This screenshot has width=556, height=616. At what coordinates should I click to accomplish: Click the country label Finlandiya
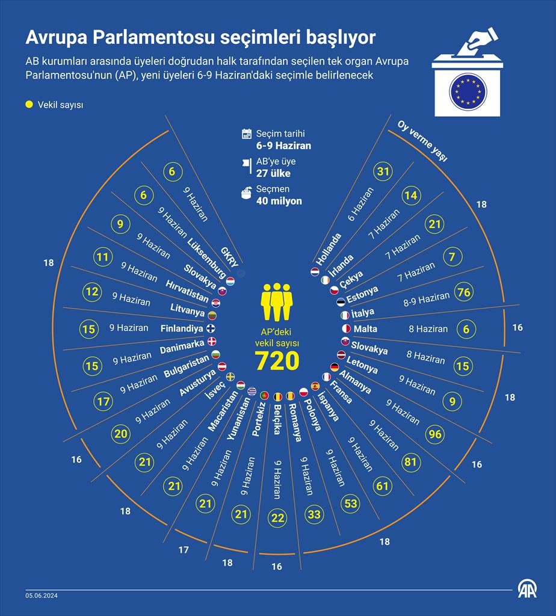pyautogui.click(x=182, y=328)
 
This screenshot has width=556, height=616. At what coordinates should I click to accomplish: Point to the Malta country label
pyautogui.click(x=365, y=329)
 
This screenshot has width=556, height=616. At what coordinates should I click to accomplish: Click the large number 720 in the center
pyautogui.click(x=277, y=361)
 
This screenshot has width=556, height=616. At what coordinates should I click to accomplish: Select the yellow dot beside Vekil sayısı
pyautogui.click(x=29, y=105)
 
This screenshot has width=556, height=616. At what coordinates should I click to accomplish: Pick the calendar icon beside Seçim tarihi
pyautogui.click(x=247, y=134)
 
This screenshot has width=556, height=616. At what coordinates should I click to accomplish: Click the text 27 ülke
pyautogui.click(x=273, y=173)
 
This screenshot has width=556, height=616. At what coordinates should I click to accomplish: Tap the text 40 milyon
pyautogui.click(x=279, y=201)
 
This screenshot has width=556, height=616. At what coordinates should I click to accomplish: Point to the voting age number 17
pyautogui.click(x=184, y=550)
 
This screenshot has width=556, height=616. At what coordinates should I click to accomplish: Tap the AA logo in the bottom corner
pyautogui.click(x=528, y=590)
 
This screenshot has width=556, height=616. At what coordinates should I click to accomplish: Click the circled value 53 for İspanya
pyautogui.click(x=350, y=504)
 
